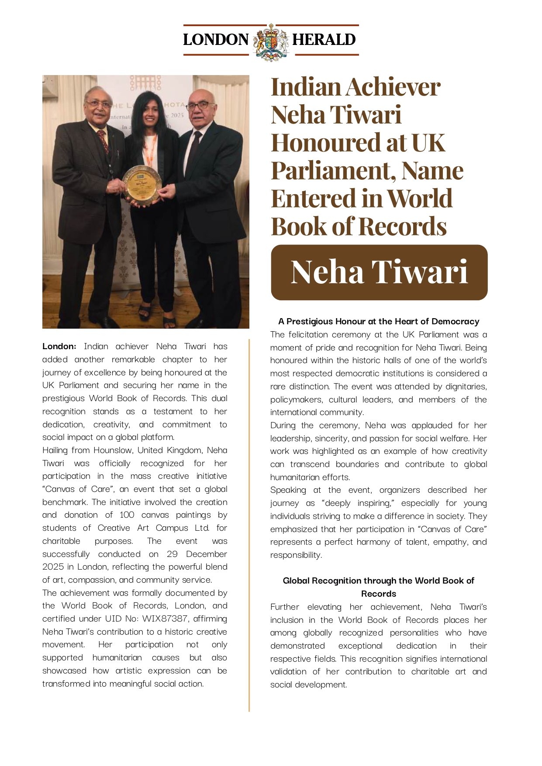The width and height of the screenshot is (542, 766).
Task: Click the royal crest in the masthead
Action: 271,42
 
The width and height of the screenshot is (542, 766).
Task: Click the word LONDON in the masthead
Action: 216,40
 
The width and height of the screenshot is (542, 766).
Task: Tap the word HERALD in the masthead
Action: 324,40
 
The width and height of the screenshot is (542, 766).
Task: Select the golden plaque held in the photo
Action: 142,185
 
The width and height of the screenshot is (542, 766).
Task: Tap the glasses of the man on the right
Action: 200,106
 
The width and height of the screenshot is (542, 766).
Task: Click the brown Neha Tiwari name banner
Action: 379,272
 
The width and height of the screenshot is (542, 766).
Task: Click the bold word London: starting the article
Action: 59,347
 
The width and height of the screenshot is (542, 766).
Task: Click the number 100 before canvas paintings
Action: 127,515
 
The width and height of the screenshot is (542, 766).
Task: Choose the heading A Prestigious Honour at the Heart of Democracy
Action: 379,322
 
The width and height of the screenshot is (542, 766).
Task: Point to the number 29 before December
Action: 172,554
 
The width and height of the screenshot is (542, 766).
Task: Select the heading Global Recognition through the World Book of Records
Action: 379,587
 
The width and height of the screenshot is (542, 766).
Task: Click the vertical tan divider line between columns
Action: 249,524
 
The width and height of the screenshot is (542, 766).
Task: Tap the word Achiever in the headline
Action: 393,87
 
